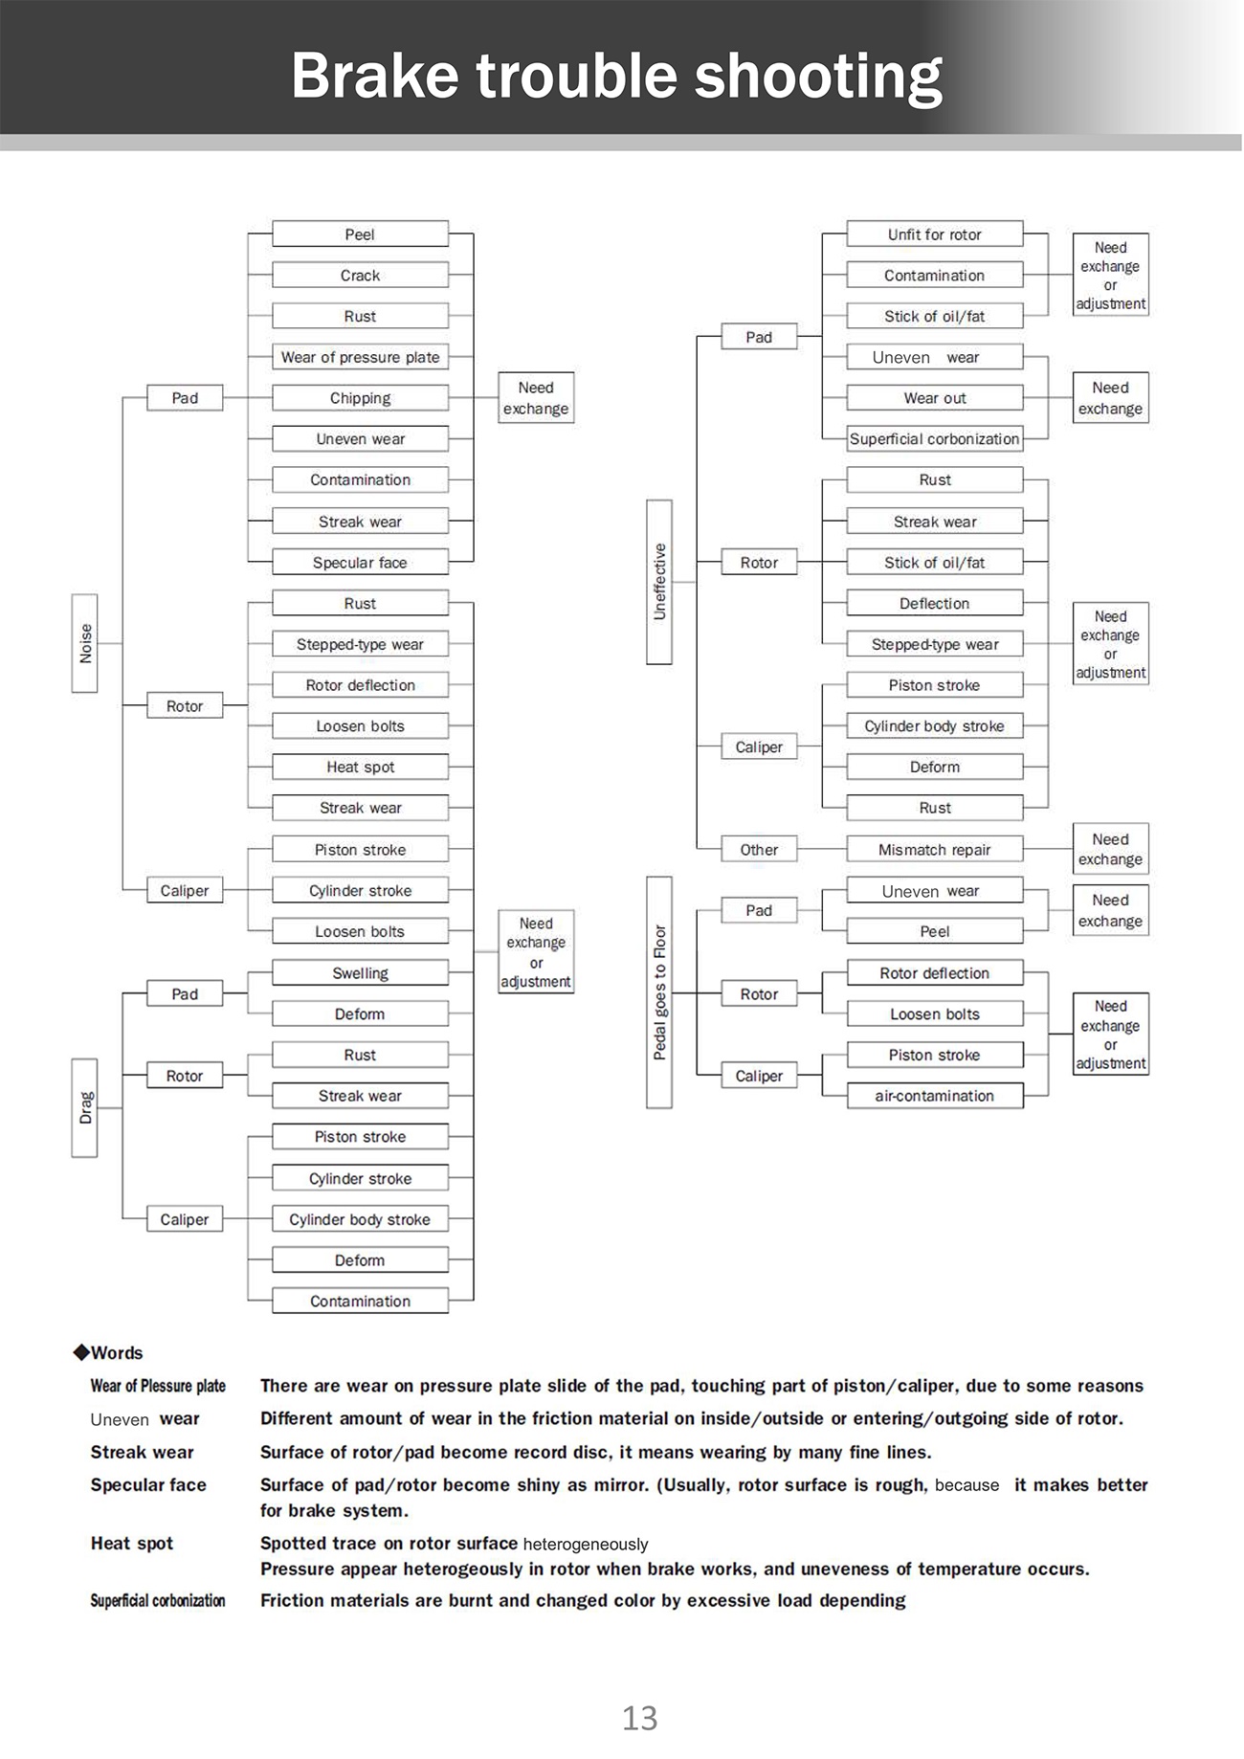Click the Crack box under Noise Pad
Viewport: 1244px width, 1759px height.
pyautogui.click(x=360, y=276)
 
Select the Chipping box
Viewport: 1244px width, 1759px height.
pyautogui.click(x=360, y=398)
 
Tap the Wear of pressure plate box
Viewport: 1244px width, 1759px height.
pyautogui.click(x=360, y=357)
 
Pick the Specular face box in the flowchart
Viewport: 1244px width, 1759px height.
pyautogui.click(x=360, y=563)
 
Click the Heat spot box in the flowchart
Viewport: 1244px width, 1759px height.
pyautogui.click(x=360, y=767)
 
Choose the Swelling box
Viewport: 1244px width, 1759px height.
pyautogui.click(x=360, y=973)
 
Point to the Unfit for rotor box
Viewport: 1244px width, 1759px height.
pyautogui.click(x=935, y=234)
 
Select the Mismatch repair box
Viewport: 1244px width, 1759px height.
pyautogui.click(x=935, y=850)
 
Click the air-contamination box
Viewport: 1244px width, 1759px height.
pyautogui.click(x=935, y=1096)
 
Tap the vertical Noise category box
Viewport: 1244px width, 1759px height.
pyautogui.click(x=85, y=643)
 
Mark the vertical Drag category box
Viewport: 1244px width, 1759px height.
pyautogui.click(x=85, y=1108)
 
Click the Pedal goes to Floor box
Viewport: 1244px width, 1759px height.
pyautogui.click(x=659, y=992)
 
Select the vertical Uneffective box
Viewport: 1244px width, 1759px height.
pyautogui.click(x=659, y=582)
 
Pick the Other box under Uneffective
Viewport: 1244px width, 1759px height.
pyautogui.click(x=759, y=850)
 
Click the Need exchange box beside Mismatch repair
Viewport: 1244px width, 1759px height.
pyautogui.click(x=1110, y=849)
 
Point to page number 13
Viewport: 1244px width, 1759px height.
pyautogui.click(x=640, y=1719)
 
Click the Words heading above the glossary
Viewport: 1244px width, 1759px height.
pyautogui.click(x=108, y=1353)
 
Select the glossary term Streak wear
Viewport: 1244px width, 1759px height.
pyautogui.click(x=142, y=1453)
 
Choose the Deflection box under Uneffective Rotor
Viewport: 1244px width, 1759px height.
pyautogui.click(x=935, y=604)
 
